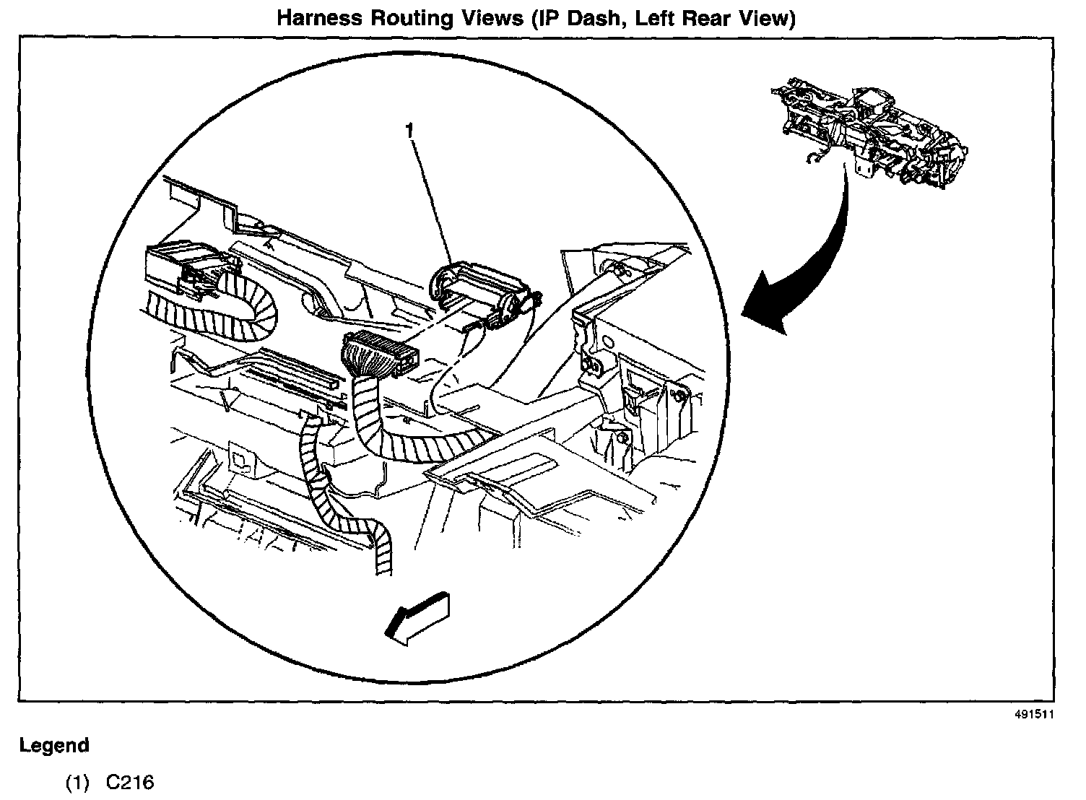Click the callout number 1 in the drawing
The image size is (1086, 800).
pyautogui.click(x=410, y=131)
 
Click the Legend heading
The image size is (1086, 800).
pyautogui.click(x=55, y=745)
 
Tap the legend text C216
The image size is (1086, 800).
pyautogui.click(x=130, y=783)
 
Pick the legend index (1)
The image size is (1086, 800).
pyautogui.click(x=77, y=783)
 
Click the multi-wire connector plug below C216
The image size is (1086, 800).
pyautogui.click(x=379, y=355)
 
